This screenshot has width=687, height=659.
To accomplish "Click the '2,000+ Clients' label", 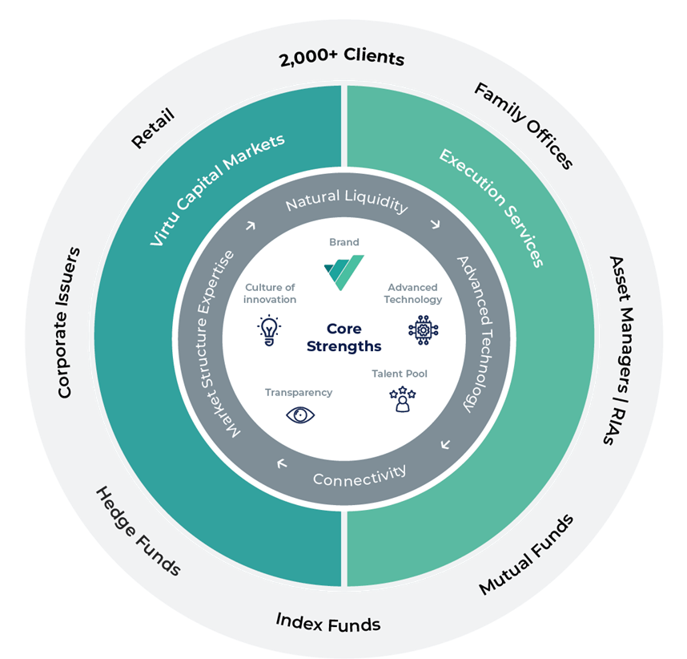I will coord(341,59).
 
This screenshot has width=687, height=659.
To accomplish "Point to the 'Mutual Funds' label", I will coord(526,555).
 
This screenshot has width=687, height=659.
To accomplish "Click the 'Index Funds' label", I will coord(327,622).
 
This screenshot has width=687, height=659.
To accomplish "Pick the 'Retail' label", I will coord(153,127).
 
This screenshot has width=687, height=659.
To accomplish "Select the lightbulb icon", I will coord(268,329).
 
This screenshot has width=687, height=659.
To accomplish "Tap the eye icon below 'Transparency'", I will coord(300,414).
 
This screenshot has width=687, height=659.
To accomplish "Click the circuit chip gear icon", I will coord(423,329).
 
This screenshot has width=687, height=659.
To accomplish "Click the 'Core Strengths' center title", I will coord(343,338).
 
